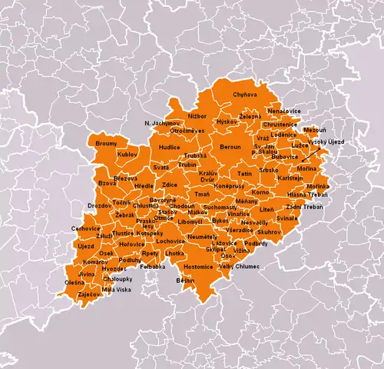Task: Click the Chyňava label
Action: pyautogui.click(x=245, y=95)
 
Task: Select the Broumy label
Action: pyautogui.click(x=106, y=144)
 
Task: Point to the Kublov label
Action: pyautogui.click(x=127, y=155)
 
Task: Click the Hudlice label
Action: pyautogui.click(x=170, y=146)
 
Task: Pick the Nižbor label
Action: pyautogui.click(x=197, y=115)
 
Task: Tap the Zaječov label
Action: pyautogui.click(x=88, y=294)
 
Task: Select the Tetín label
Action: pyautogui.click(x=244, y=175)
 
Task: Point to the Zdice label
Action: pyautogui.click(x=170, y=185)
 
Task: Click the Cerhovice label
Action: pyautogui.click(x=86, y=228)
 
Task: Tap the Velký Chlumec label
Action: pyautogui.click(x=240, y=266)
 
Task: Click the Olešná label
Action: pyautogui.click(x=74, y=283)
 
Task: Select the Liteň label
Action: pyautogui.click(x=266, y=209)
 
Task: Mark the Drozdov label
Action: pyautogui.click(x=99, y=206)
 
